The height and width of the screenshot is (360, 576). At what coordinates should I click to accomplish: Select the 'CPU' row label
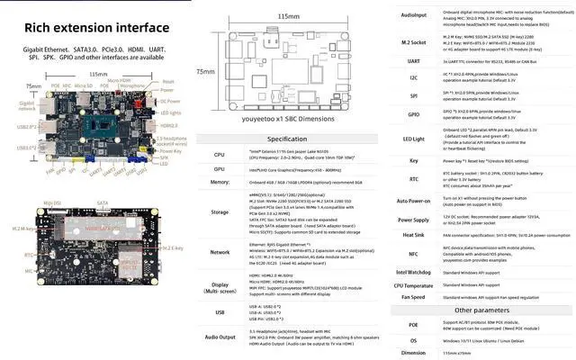point(219,155)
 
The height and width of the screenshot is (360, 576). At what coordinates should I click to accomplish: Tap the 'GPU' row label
point(219,168)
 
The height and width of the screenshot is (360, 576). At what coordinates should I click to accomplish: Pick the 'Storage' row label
point(219,213)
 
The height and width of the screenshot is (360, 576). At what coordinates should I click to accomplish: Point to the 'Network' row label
point(219,253)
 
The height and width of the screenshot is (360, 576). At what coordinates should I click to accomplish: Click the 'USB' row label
point(219,311)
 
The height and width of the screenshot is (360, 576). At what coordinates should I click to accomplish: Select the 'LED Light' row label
point(413,138)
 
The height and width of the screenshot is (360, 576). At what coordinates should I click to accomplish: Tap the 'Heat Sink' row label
point(413,234)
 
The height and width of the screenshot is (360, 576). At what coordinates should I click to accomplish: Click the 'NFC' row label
point(413,254)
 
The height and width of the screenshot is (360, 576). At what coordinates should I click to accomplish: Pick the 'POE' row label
point(413,324)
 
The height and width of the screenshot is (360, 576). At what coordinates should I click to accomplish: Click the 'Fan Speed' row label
point(413,296)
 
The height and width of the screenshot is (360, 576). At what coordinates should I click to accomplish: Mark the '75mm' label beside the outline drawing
point(205,70)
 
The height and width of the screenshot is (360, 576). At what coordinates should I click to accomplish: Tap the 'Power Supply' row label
point(413,219)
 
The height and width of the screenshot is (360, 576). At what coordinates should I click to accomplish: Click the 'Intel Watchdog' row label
point(413,271)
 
